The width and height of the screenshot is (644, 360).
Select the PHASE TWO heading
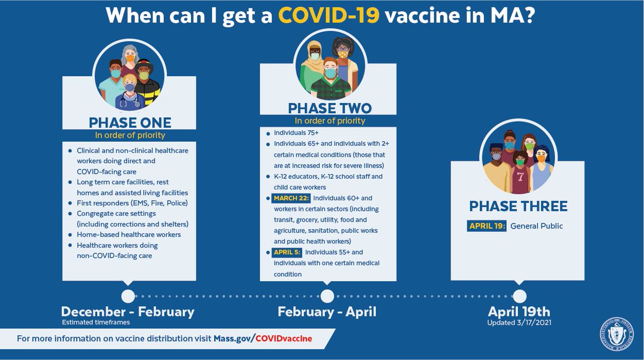coord(329,108)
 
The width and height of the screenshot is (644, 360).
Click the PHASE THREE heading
coord(518,206)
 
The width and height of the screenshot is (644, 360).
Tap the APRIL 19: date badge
coord(486,226)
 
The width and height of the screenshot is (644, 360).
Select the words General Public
coord(537,226)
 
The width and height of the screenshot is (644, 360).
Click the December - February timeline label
coord(128,312)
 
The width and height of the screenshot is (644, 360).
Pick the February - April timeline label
coord(327,312)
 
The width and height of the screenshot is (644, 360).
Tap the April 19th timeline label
coord(519,312)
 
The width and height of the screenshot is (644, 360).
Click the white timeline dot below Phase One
coord(128,296)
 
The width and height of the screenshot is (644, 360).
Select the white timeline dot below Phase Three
coord(519,296)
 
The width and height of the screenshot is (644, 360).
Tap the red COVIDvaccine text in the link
coord(283,339)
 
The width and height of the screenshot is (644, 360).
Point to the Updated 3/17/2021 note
coord(519,322)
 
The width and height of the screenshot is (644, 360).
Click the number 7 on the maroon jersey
coord(519,176)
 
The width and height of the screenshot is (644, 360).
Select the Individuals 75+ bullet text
coord(296,131)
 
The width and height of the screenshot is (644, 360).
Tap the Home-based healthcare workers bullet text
coord(129,234)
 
